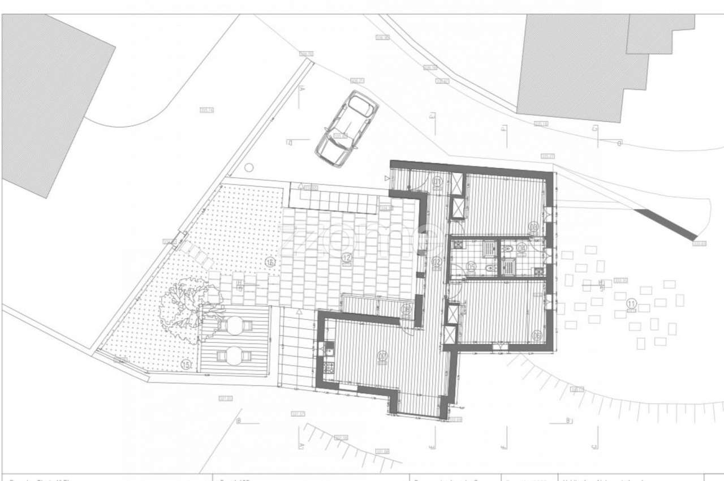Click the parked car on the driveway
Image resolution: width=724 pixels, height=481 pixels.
click(347, 128)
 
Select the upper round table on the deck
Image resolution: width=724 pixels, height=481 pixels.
click(235, 325)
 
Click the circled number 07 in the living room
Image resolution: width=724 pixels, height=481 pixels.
click(382, 356)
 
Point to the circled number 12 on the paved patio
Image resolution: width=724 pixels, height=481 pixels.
click(346, 258)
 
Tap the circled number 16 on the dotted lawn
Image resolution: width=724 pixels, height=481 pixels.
click(270, 262)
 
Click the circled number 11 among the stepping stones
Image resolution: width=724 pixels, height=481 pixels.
click(631, 304)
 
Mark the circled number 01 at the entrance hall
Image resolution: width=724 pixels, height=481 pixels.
click(437, 182)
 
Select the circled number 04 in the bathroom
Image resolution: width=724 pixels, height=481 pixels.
click(521, 248)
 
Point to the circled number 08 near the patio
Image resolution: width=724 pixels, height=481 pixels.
click(405, 309)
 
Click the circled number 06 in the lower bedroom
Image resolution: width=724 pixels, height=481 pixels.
click(536, 336)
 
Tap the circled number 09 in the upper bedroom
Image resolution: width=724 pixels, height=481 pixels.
click(533, 227)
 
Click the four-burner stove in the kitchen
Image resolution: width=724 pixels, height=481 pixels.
click(329, 368)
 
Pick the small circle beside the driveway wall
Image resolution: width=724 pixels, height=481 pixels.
click(248, 168)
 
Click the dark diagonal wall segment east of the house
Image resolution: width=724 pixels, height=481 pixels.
click(665, 225)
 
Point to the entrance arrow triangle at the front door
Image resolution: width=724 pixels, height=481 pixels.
click(387, 178)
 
